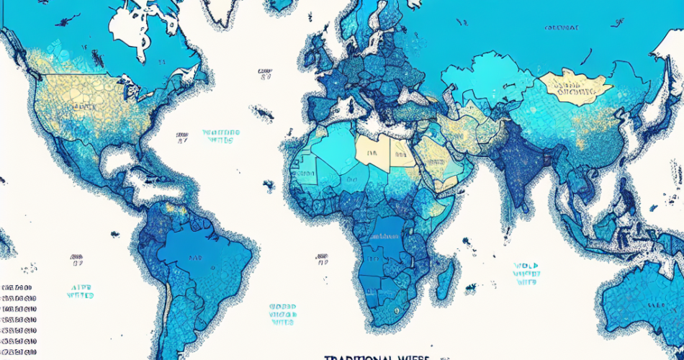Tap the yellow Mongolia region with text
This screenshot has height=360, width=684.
[x=576, y=87]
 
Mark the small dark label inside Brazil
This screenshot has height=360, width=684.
[x=195, y=256]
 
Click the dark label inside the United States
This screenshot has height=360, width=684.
[x=85, y=106]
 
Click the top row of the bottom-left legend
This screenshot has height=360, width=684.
[x=18, y=287]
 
